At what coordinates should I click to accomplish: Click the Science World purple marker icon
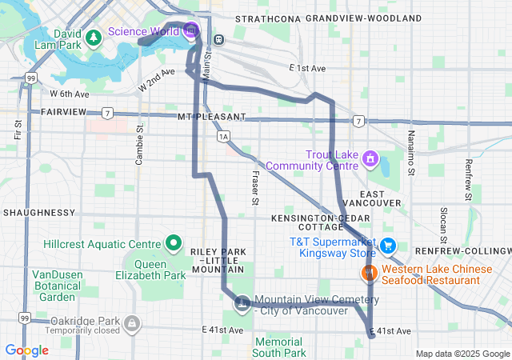[190, 31]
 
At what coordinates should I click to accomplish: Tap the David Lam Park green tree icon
[94, 36]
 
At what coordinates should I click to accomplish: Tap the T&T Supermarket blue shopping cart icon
[388, 246]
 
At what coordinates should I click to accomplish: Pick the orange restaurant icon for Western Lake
[369, 274]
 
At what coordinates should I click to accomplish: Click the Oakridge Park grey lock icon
[131, 323]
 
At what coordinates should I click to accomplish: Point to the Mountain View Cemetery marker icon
[241, 302]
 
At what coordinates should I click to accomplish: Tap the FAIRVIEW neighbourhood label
[63, 112]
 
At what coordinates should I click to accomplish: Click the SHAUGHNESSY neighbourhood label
[39, 213]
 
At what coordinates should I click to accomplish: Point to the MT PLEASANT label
[211, 117]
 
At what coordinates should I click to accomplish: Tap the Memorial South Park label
[278, 347]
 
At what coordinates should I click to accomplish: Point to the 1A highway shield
[223, 137]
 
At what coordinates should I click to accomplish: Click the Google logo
[27, 350]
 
